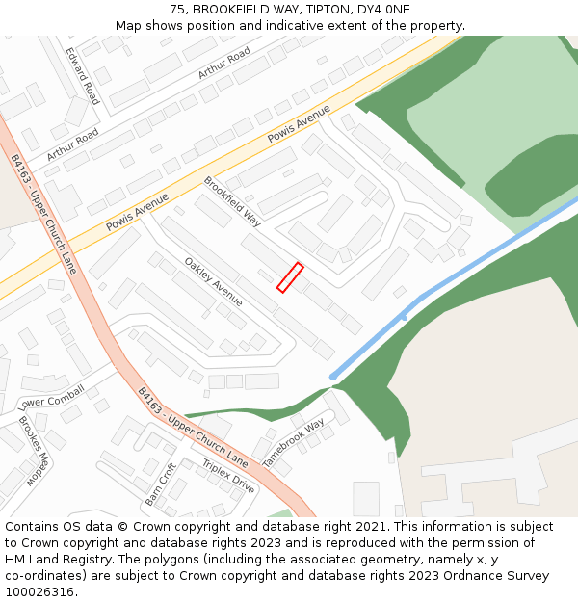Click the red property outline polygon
pos(290,277)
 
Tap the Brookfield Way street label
pos(232,201)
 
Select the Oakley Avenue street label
pos(213,281)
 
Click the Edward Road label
pos(82,76)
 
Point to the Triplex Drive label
pos(228,476)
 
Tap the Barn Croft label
pos(161,484)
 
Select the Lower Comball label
pos(51,396)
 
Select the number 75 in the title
pos(177,10)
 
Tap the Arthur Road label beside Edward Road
pos(224,63)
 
